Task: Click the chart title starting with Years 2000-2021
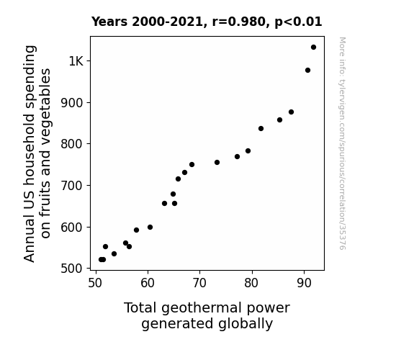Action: (207, 22)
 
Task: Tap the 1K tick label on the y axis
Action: (76, 61)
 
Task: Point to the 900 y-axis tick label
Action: (72, 103)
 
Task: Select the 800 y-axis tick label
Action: (72, 144)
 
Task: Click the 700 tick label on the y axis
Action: (72, 186)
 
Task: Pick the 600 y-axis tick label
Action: (72, 227)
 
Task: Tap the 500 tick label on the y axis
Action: (72, 269)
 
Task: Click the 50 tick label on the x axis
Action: (95, 283)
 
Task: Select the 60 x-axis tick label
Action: (148, 283)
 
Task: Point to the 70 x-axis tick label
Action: (199, 283)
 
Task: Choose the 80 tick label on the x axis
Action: (251, 283)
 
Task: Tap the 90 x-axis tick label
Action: (304, 283)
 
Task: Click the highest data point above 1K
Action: (313, 48)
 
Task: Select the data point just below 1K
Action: (307, 71)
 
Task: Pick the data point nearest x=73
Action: (217, 163)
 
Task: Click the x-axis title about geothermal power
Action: (207, 315)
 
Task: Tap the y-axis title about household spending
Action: (37, 153)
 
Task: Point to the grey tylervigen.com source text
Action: (343, 143)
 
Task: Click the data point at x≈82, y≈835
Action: (261, 129)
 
